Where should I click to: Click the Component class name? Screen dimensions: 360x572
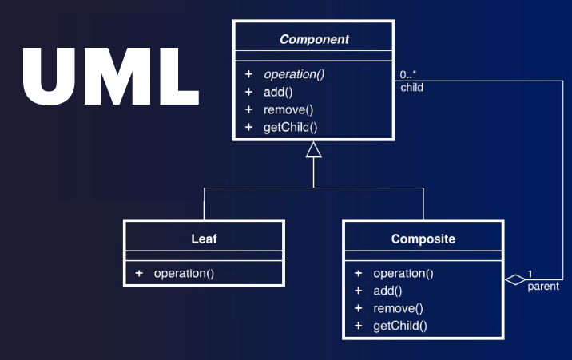tap(313, 38)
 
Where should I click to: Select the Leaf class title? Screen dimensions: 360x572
tap(204, 238)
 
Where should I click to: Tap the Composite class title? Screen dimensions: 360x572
tap(423, 238)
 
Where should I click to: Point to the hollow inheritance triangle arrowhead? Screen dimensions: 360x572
tap(313, 149)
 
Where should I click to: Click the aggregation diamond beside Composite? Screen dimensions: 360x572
tap(515, 279)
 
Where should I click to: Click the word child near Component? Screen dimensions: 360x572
tap(411, 88)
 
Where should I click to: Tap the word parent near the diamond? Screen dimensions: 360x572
tap(543, 286)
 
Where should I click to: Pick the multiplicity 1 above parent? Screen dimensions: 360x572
tap(530, 273)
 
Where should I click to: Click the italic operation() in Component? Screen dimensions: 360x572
tap(293, 74)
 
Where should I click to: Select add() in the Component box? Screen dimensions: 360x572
tap(277, 92)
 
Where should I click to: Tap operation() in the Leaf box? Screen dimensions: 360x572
tap(184, 273)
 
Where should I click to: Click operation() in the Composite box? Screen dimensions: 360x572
tap(403, 273)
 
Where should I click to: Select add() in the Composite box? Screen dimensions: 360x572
tap(387, 291)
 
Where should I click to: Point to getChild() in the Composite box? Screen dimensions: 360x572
tap(399, 326)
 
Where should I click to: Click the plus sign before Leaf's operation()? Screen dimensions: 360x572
tap(139, 273)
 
